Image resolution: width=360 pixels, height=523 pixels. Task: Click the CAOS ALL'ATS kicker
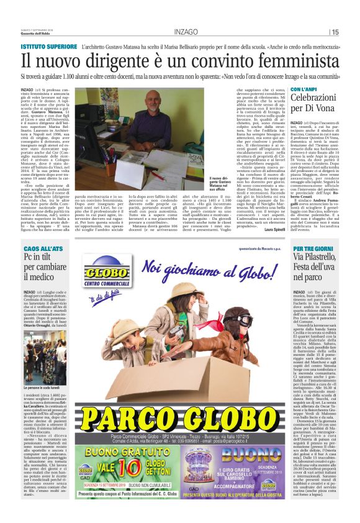click(40, 248)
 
